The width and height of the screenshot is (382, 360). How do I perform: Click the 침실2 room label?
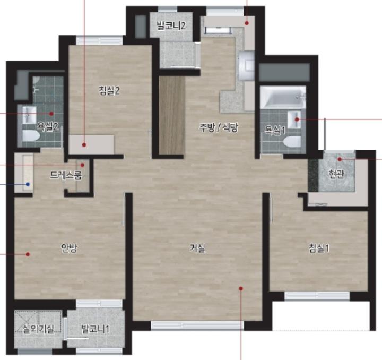[x=109, y=91]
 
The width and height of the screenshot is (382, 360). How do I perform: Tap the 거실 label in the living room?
[x=197, y=248]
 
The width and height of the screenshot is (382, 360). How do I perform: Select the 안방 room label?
[x=69, y=248]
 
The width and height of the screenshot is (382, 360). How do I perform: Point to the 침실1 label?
[x=319, y=248]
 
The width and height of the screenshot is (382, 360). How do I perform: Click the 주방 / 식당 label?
[x=218, y=127]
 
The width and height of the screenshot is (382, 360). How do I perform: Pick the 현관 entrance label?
[x=336, y=174]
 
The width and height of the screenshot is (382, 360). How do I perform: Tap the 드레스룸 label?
[x=66, y=175]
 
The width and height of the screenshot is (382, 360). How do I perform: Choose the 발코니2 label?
[x=171, y=25]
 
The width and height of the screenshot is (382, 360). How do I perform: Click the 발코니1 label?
[x=95, y=329]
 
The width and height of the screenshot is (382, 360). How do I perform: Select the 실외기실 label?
[x=38, y=329]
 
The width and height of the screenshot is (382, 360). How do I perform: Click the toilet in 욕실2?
[x=31, y=136]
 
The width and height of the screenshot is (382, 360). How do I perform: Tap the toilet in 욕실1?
[x=292, y=141]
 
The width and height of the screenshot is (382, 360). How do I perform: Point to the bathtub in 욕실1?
[x=283, y=97]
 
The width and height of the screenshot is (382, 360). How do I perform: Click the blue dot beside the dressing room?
[x=28, y=184]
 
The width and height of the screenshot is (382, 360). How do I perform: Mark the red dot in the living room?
[x=241, y=288]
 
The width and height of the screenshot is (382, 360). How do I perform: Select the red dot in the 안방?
[x=28, y=254]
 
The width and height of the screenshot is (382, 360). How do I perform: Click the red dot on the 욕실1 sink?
[x=297, y=119]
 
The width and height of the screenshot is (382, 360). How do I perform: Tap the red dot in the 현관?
[x=340, y=159]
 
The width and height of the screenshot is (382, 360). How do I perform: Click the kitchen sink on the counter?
[x=247, y=66]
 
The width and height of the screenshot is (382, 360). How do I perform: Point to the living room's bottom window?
[x=197, y=325]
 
